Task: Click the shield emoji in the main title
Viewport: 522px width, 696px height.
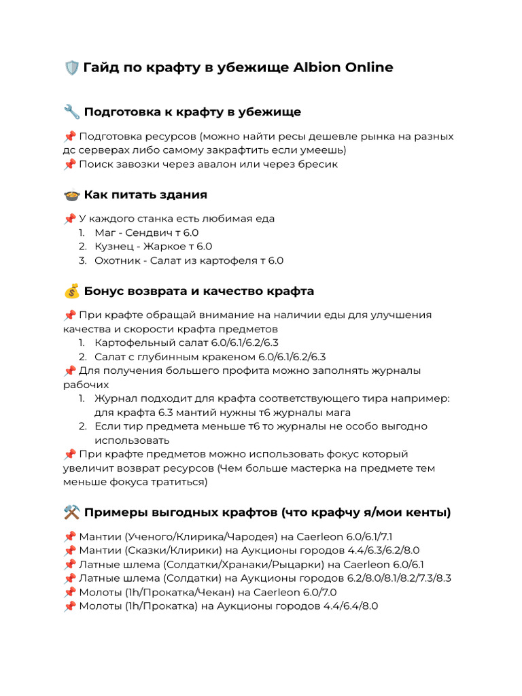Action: tap(71, 67)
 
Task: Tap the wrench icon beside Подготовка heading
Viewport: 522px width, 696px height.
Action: tap(71, 111)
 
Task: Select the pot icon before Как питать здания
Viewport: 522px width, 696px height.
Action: tap(71, 195)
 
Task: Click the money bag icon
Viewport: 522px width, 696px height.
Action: tap(71, 292)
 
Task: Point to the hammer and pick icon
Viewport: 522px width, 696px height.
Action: tap(71, 512)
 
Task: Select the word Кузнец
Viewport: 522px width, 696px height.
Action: tap(114, 247)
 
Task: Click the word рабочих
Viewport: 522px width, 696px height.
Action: tap(86, 385)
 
